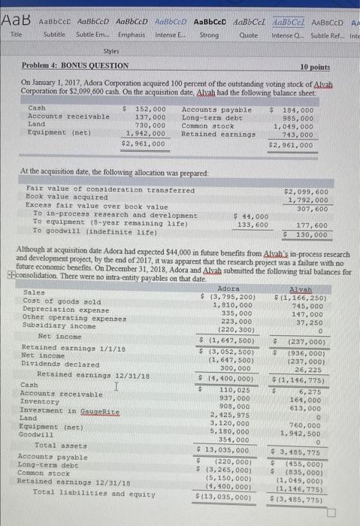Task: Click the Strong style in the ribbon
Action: pyautogui.click(x=209, y=35)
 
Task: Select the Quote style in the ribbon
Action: pyautogui.click(x=248, y=35)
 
